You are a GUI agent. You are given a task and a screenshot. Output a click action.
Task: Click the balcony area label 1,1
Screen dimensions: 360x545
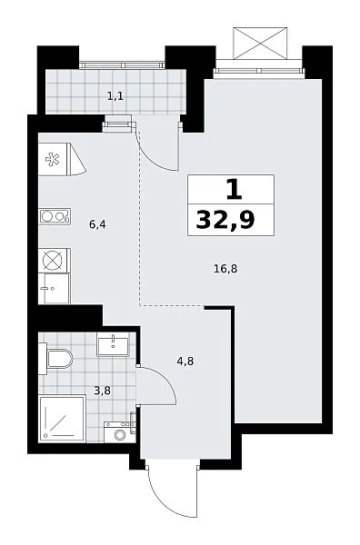(x=115, y=96)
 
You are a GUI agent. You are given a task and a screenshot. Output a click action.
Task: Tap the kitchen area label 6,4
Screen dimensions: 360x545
(x=97, y=224)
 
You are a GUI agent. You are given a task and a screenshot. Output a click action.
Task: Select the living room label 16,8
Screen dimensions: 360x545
(x=225, y=268)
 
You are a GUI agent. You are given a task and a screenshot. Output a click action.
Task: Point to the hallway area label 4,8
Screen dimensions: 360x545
(x=185, y=362)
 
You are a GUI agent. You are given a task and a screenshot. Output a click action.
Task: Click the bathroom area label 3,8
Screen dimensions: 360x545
(x=102, y=391)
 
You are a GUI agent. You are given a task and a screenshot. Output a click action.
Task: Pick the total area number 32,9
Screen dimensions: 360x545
(x=225, y=220)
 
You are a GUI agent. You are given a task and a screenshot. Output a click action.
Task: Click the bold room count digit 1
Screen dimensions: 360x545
(x=234, y=190)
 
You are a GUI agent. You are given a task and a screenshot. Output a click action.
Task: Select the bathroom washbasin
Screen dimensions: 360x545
(x=114, y=344)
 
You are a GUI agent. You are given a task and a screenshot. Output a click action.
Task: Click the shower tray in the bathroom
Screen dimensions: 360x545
(x=62, y=419)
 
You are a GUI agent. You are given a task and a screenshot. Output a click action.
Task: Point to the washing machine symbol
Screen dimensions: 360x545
(x=120, y=432)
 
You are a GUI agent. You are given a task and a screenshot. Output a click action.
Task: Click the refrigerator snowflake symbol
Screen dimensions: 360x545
(x=53, y=159)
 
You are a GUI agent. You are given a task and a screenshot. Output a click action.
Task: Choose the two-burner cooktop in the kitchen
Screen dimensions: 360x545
(x=55, y=216)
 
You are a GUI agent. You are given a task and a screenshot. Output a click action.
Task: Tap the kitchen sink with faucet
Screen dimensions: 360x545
(x=55, y=289)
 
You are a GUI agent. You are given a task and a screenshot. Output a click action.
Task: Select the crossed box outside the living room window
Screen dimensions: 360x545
(x=260, y=44)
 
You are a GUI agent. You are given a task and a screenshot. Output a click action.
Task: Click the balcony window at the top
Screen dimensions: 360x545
(x=122, y=65)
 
